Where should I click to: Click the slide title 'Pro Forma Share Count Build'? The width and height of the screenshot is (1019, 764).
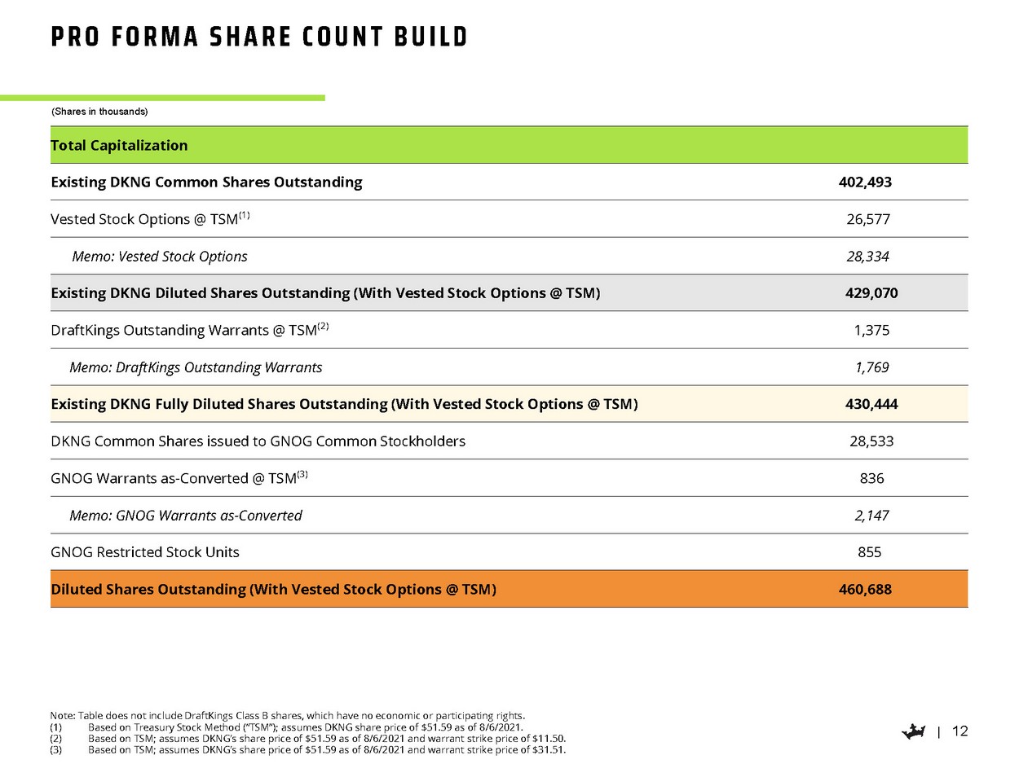point(259,37)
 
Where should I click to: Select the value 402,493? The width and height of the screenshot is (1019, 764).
point(865,182)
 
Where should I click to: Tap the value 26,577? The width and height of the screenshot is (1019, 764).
point(867,219)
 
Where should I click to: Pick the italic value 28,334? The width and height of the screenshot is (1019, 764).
point(867,257)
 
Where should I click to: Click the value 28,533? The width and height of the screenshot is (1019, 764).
point(871,441)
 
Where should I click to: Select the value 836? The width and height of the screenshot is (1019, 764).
point(871,478)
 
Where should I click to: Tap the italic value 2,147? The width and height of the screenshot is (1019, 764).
point(871,516)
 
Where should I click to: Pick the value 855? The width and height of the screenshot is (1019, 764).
point(869,552)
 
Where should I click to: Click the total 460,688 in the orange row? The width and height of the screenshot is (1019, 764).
point(865,589)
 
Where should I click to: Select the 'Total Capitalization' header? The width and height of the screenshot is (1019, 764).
point(119,146)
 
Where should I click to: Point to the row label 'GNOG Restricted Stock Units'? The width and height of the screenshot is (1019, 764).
point(145,552)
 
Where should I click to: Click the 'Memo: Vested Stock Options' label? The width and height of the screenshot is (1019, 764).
point(160,257)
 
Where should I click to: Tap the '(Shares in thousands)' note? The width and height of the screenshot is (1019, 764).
point(99,111)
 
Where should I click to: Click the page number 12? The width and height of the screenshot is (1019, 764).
point(960,731)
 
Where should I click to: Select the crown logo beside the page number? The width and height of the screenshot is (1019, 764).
point(916,732)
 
